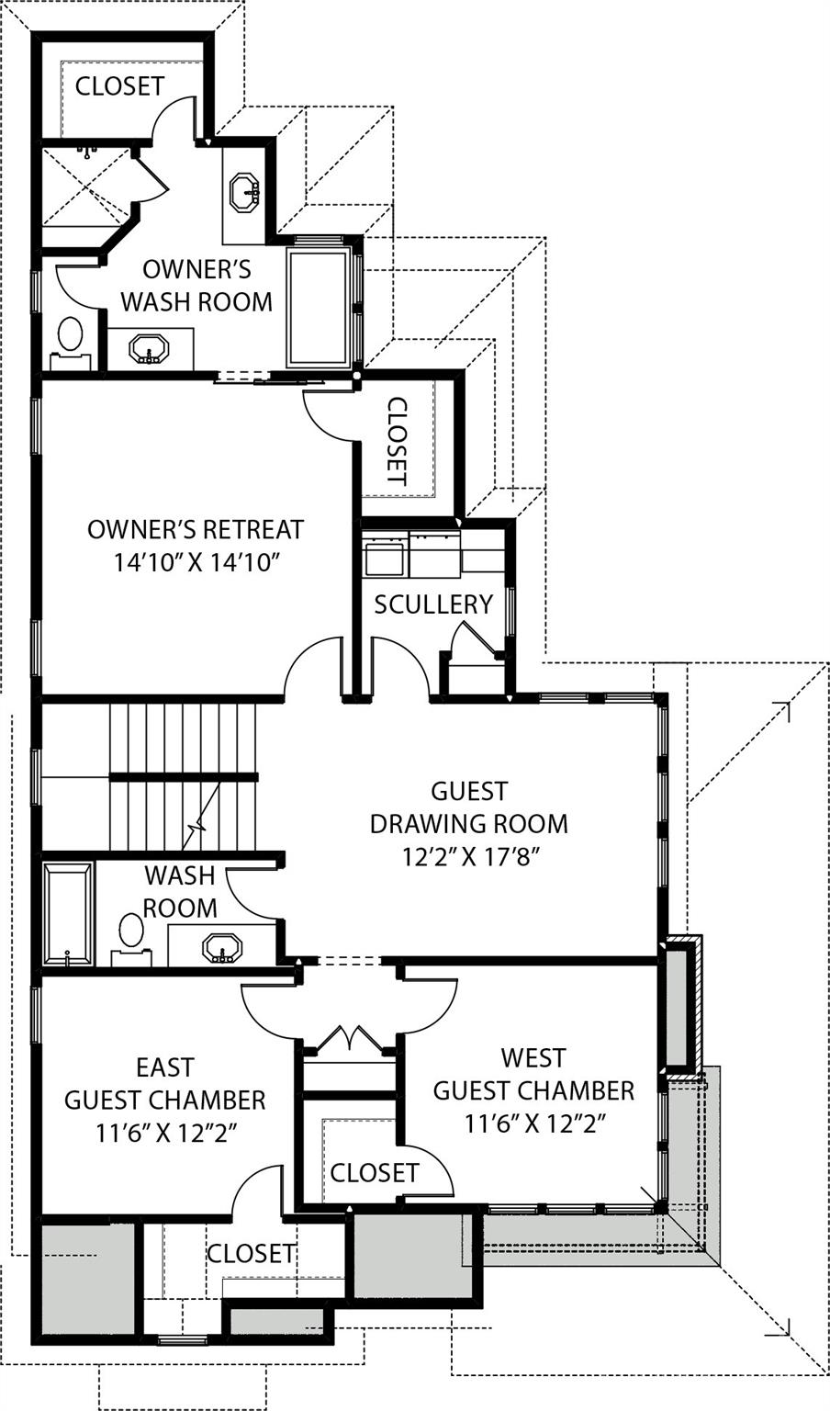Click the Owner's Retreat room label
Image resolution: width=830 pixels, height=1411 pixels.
(x=195, y=530)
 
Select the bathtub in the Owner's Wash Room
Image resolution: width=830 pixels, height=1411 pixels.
(x=318, y=307)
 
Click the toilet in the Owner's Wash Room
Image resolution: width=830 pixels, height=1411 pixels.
(x=70, y=336)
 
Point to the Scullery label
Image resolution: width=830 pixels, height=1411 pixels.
(x=433, y=604)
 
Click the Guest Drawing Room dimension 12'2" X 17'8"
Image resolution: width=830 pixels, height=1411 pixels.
(x=468, y=857)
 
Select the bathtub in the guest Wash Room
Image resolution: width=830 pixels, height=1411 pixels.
(x=68, y=913)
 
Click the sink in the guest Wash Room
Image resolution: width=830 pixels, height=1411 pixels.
(x=222, y=947)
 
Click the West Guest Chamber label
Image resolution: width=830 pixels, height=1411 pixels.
(x=533, y=1074)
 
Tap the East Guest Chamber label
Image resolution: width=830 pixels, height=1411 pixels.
(x=165, y=1083)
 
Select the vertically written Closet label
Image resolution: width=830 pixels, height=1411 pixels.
(x=396, y=441)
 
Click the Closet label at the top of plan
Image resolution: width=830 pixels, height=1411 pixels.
(x=119, y=86)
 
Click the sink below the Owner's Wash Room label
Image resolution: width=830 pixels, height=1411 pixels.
(x=148, y=349)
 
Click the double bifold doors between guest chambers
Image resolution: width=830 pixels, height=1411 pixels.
(x=349, y=1039)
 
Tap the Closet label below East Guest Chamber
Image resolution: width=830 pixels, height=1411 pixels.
(x=250, y=1253)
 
